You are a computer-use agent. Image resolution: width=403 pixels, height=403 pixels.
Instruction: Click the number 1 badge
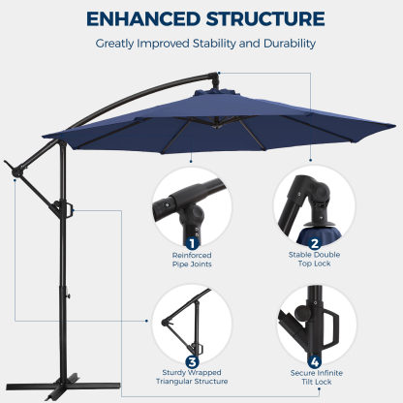tap(192, 242)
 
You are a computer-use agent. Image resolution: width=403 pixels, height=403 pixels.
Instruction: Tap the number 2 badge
tap(314, 242)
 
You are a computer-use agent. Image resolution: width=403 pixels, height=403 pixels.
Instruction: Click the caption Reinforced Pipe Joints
tap(192, 260)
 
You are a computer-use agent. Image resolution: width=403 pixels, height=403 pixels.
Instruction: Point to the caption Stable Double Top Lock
tap(314, 260)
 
